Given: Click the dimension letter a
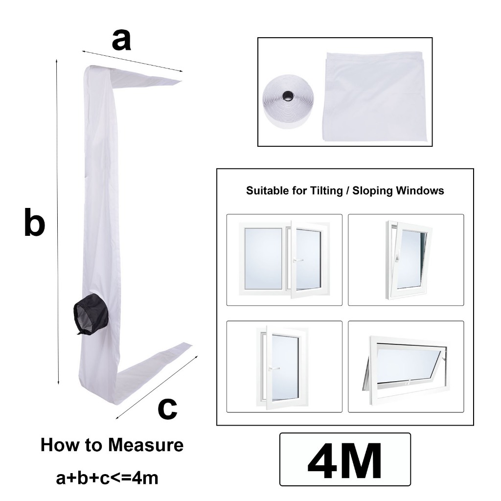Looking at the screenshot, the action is [121, 40].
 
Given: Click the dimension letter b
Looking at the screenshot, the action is [35, 222].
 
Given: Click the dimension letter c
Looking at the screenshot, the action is [167, 409].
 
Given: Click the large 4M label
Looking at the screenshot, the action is [345, 459].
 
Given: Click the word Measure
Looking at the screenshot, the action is [146, 445].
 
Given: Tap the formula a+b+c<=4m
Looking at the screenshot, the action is [107, 478].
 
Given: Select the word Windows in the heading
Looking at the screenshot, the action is [420, 190].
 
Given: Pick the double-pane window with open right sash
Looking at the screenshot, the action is [284, 260].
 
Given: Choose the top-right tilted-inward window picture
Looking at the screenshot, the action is [409, 260].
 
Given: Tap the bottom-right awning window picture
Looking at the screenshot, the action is [406, 367].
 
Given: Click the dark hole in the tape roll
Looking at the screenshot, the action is [288, 95].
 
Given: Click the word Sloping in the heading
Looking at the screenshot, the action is [373, 191].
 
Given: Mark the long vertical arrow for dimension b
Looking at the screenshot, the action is [58, 222].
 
